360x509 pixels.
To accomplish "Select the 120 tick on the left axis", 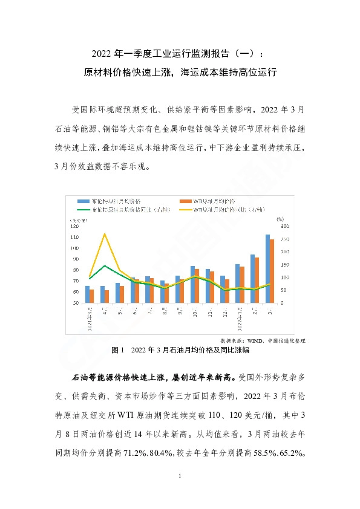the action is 76,226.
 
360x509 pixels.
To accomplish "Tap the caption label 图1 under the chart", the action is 118,350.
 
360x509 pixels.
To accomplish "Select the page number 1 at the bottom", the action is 180,477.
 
